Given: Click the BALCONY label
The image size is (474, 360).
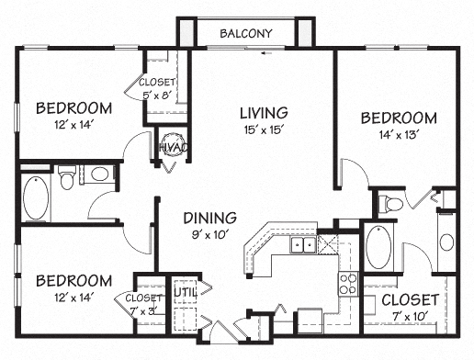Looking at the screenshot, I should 246,34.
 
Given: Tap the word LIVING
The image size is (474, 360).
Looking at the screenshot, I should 264,112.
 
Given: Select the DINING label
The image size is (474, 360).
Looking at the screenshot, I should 209,218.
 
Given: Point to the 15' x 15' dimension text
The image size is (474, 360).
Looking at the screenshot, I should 264,130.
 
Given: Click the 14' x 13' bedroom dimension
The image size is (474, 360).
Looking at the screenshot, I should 397,135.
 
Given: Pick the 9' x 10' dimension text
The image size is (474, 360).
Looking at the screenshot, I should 209,235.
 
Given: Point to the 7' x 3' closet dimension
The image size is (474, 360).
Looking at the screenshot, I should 144,309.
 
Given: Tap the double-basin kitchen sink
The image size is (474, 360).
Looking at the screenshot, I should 304,245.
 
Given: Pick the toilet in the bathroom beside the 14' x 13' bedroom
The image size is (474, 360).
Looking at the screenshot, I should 392,202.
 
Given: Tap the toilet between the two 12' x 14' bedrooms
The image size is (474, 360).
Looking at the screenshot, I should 68,178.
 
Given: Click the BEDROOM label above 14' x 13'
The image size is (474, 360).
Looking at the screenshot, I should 397,118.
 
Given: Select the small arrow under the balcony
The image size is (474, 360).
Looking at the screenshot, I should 265,53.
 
